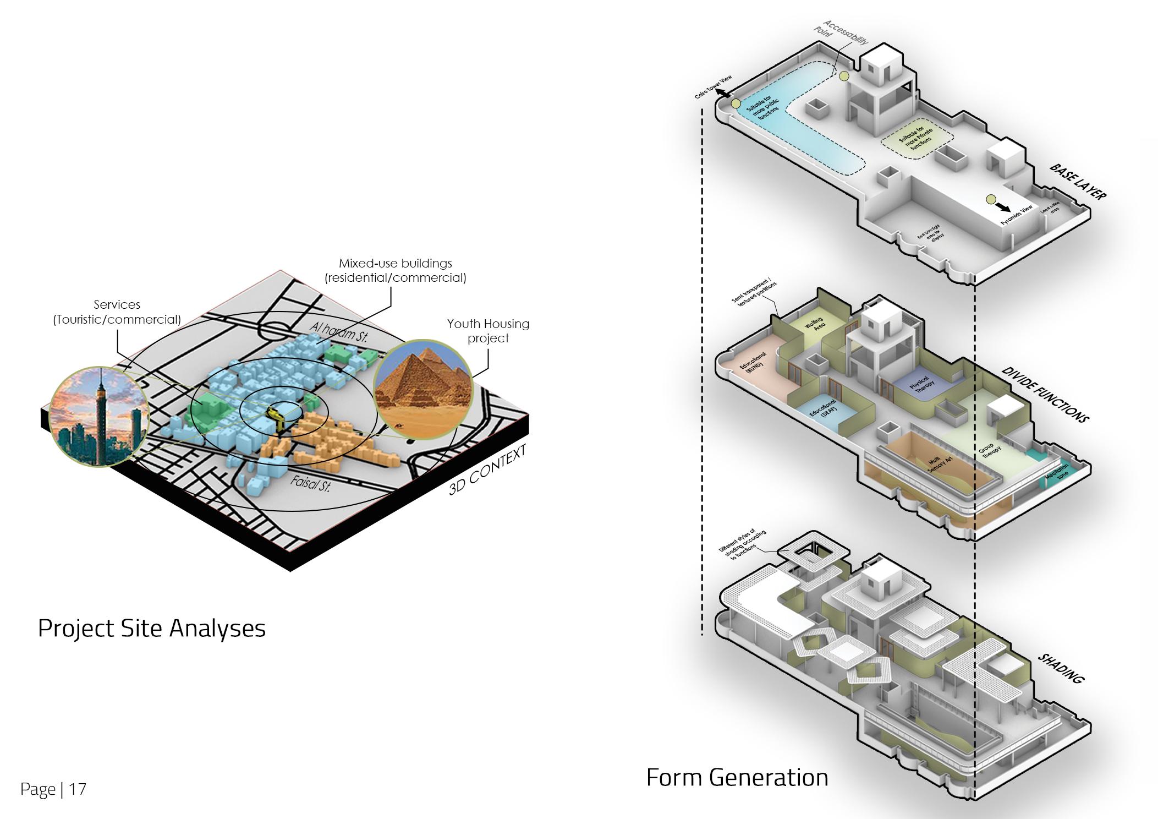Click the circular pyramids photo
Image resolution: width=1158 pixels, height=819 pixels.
(x=422, y=389)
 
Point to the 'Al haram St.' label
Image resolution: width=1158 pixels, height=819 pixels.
(x=338, y=332)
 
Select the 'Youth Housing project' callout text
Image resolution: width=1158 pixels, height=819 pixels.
(x=488, y=331)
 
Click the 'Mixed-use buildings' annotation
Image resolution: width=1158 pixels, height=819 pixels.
(x=395, y=270)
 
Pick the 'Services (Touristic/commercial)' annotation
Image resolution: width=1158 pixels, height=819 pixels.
(x=117, y=312)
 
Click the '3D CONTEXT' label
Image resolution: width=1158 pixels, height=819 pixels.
(x=487, y=470)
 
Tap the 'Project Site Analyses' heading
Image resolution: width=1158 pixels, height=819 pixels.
(x=151, y=628)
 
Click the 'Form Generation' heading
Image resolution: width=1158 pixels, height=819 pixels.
(x=737, y=777)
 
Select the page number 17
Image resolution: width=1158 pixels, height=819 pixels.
(x=78, y=789)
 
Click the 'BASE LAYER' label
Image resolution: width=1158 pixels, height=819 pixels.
(x=1077, y=182)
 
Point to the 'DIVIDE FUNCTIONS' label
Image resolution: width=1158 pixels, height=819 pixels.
(x=1045, y=394)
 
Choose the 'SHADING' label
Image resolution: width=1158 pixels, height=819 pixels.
(x=1061, y=668)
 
